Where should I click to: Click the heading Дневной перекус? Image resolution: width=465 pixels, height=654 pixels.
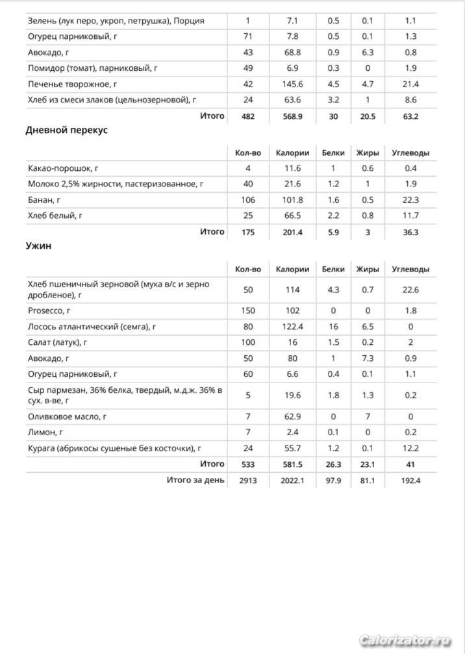(66, 130)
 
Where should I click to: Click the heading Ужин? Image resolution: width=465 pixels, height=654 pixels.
(38, 246)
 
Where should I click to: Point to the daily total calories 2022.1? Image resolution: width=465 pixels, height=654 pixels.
(288, 480)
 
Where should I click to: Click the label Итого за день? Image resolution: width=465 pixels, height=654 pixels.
(195, 480)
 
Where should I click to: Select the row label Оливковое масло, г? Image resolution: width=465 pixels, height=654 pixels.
(68, 416)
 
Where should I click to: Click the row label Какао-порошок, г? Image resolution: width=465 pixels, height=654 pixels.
(63, 169)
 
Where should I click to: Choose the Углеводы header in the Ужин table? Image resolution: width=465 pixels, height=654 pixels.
(410, 269)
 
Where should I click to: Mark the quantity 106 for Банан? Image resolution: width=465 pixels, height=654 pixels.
(247, 200)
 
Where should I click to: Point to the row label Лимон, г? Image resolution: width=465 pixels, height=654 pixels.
(45, 432)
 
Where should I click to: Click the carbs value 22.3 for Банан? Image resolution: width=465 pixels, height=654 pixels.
(410, 200)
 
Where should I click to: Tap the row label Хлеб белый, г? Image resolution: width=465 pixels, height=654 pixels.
(55, 216)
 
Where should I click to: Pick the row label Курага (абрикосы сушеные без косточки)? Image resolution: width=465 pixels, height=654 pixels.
(114, 447)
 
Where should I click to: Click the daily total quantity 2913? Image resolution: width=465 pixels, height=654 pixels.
(247, 480)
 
